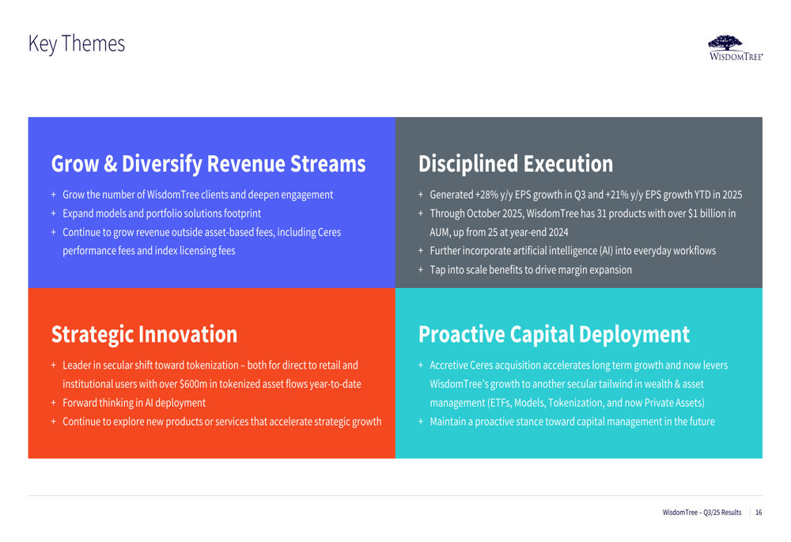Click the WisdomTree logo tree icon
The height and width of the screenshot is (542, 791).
pyautogui.click(x=725, y=43)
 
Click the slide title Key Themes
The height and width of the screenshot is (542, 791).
pyautogui.click(x=77, y=44)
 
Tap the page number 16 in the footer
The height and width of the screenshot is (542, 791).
pyautogui.click(x=759, y=512)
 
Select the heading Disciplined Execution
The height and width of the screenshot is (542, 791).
pyautogui.click(x=516, y=164)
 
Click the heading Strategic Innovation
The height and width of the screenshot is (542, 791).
pyautogui.click(x=144, y=335)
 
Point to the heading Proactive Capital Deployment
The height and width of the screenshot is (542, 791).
pyautogui.click(x=554, y=335)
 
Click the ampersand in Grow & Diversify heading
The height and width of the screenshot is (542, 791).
pyautogui.click(x=111, y=164)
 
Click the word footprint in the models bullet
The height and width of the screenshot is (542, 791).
pyautogui.click(x=242, y=214)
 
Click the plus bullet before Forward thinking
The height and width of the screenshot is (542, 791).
pyautogui.click(x=54, y=403)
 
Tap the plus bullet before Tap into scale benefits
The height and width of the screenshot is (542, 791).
pyautogui.click(x=421, y=270)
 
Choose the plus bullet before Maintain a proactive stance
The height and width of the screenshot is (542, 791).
pyautogui.click(x=421, y=422)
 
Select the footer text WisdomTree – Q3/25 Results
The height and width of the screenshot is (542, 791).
pyautogui.click(x=702, y=512)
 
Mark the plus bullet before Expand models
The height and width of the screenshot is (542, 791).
pyautogui.click(x=54, y=214)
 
